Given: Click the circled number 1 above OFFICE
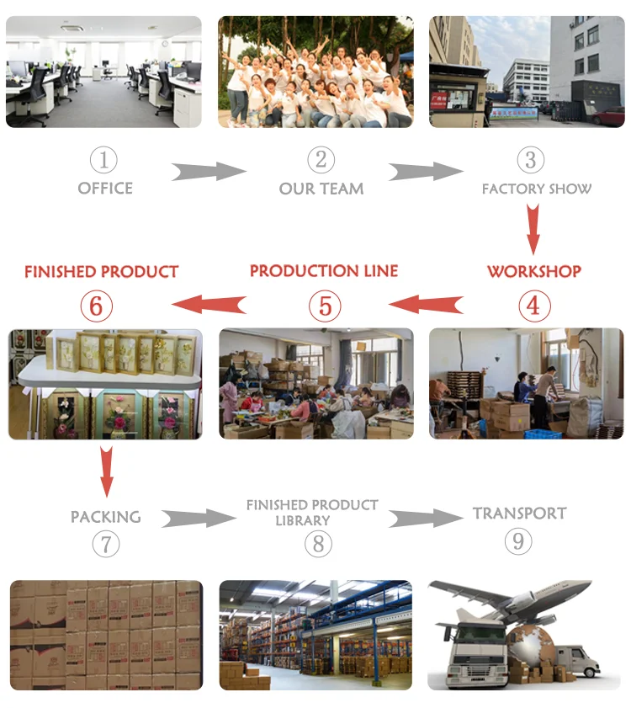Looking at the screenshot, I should pyautogui.click(x=104, y=160).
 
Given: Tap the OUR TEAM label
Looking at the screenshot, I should pyautogui.click(x=321, y=189).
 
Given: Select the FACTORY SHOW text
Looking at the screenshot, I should pyautogui.click(x=536, y=189).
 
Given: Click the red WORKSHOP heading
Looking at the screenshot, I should pyautogui.click(x=533, y=271).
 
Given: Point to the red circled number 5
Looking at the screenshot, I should pyautogui.click(x=325, y=306).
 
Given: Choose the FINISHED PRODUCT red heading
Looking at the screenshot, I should pyautogui.click(x=101, y=271).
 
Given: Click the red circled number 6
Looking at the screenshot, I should pyautogui.click(x=95, y=306).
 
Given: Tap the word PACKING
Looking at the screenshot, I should pyautogui.click(x=105, y=516).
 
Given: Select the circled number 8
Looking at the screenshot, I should pyautogui.click(x=317, y=543).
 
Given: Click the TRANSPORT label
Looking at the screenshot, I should pyautogui.click(x=519, y=513).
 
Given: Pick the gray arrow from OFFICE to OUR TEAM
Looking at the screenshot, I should pyautogui.click(x=209, y=172).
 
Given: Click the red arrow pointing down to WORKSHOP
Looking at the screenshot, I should pyautogui.click(x=533, y=228).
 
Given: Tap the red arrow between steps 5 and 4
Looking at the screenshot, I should pyautogui.click(x=426, y=303).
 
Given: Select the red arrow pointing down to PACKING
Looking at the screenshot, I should pyautogui.click(x=106, y=471).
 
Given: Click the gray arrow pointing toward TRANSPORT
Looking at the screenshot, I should pyautogui.click(x=426, y=518).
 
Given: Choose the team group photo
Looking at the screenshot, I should pyautogui.click(x=316, y=72).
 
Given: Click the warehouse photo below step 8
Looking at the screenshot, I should pyautogui.click(x=316, y=635).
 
